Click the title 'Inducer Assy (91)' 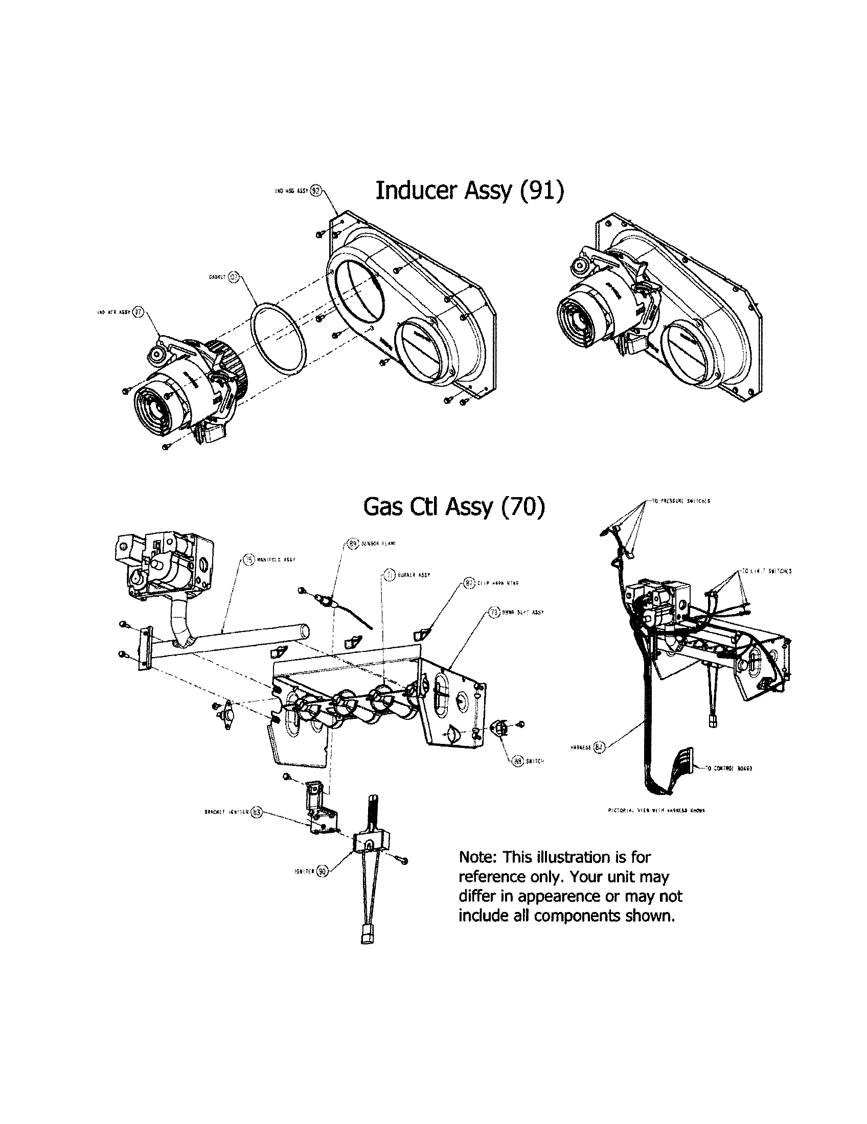pyautogui.click(x=469, y=191)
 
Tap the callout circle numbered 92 pyautogui.click(x=316, y=191)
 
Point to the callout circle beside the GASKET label pyautogui.click(x=233, y=277)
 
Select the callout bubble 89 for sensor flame pyautogui.click(x=352, y=545)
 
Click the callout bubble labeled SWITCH pyautogui.click(x=517, y=760)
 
